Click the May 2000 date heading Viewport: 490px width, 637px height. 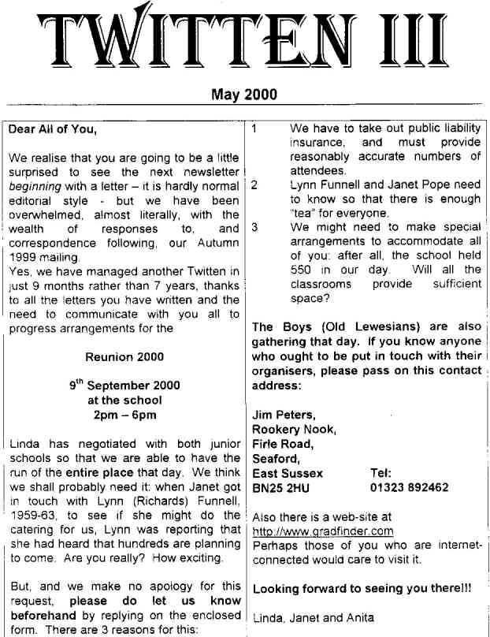coord(244,95)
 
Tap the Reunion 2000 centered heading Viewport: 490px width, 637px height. coord(126,356)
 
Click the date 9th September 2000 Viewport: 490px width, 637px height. coord(124,386)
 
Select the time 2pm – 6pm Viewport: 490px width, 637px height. coord(124,415)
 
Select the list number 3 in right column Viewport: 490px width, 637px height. coord(255,228)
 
